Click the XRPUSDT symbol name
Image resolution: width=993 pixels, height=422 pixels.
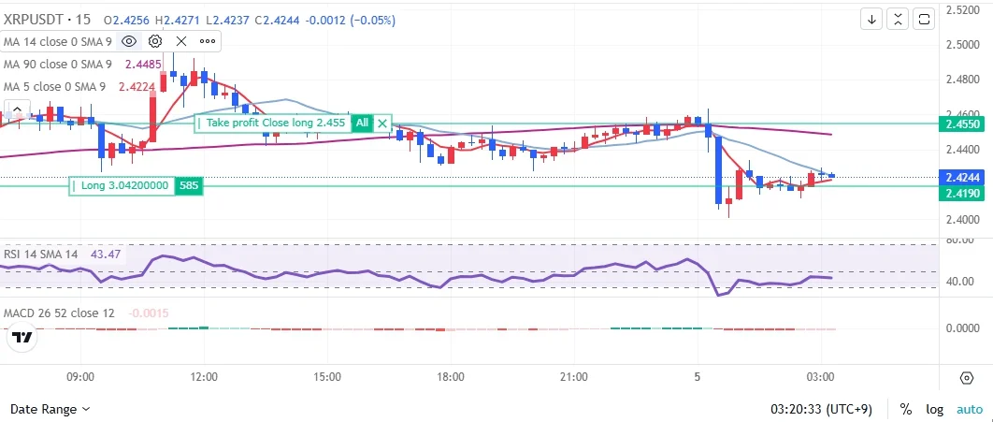pyautogui.click(x=35, y=20)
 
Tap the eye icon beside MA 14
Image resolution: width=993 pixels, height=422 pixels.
pyautogui.click(x=129, y=41)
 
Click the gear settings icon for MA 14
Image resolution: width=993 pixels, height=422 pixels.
pyautogui.click(x=155, y=41)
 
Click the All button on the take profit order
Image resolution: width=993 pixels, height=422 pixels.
pyautogui.click(x=362, y=123)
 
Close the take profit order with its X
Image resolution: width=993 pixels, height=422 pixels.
pyautogui.click(x=382, y=123)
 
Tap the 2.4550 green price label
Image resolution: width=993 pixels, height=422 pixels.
pyautogui.click(x=962, y=123)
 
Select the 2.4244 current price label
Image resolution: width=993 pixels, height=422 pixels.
pyautogui.click(x=962, y=177)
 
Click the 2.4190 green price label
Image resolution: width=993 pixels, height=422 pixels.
pyautogui.click(x=962, y=193)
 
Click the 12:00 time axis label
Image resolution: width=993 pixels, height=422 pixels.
pyautogui.click(x=204, y=376)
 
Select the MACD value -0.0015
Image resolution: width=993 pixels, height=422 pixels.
pyautogui.click(x=148, y=313)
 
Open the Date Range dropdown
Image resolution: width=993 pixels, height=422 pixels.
pyautogui.click(x=50, y=409)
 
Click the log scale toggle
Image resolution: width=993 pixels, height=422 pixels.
pyautogui.click(x=936, y=409)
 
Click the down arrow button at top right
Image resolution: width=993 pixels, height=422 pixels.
pyautogui.click(x=871, y=19)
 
